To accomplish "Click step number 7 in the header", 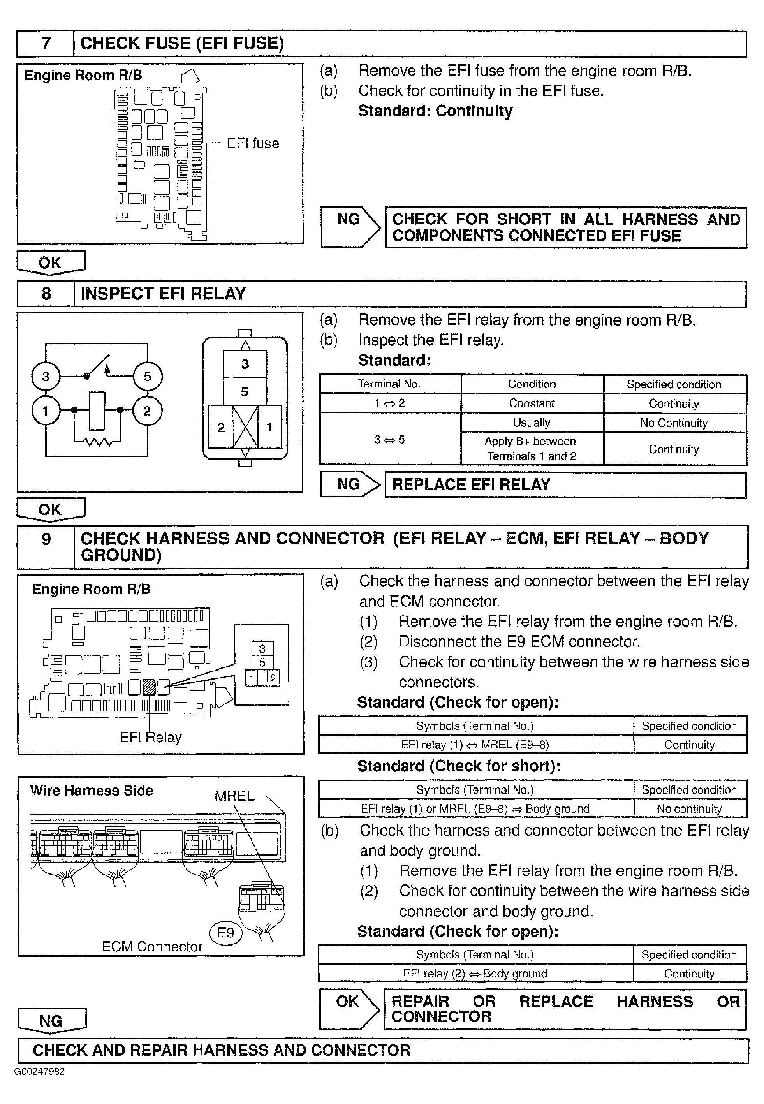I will pos(46,44).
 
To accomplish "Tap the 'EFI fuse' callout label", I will pos(253,143).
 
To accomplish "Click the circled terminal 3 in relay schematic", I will pos(46,376).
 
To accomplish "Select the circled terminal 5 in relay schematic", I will pos(148,376).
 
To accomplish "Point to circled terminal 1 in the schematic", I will pos(46,411).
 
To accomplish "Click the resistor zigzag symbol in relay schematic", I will pos(98,442).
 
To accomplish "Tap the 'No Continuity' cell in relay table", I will pos(674,423).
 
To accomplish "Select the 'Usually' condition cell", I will pos(532,423).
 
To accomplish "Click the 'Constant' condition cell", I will pos(532,403).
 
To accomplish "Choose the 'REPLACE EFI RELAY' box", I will pos(565,484).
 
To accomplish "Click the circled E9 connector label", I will pos(225,932).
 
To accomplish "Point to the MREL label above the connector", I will pos(234,796).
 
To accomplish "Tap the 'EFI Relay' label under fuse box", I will pos(151,737).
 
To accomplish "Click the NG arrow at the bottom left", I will pos(51,1021).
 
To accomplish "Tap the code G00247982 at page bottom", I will pos(39,1071).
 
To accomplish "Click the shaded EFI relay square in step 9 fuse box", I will pos(149,687).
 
